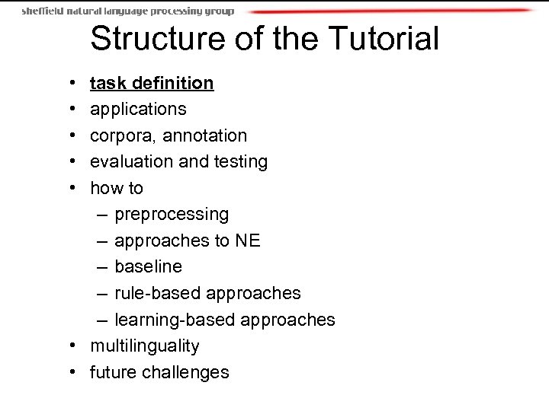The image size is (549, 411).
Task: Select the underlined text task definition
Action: tap(152, 82)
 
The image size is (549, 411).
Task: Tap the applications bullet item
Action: tap(138, 109)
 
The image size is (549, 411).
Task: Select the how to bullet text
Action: tap(117, 188)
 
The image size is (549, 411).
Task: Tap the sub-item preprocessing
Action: tap(172, 215)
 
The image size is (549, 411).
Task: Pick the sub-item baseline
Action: tap(148, 267)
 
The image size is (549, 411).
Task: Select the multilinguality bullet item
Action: tap(145, 346)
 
